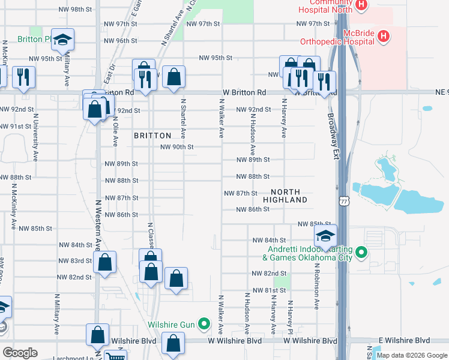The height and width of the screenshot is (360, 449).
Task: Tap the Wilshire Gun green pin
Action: pyautogui.click(x=205, y=325)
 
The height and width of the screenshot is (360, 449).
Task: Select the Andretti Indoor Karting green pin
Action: pyautogui.click(x=361, y=253)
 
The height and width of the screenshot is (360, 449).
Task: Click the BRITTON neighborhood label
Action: pyautogui.click(x=152, y=136)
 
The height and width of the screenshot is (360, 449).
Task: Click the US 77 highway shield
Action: pyautogui.click(x=343, y=202)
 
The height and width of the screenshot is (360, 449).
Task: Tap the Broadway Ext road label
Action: pyautogui.click(x=332, y=136)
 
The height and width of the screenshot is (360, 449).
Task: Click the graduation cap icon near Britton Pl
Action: pyautogui.click(x=62, y=40)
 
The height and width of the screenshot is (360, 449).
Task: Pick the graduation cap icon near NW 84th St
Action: pyautogui.click(x=325, y=236)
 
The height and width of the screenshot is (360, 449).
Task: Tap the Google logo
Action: pyautogui.click(x=20, y=353)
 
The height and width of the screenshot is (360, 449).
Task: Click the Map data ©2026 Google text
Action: pyautogui.click(x=411, y=355)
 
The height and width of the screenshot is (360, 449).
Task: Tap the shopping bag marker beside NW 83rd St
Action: pyautogui.click(x=104, y=263)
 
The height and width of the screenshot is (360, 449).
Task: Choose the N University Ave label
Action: pyautogui.click(x=36, y=137)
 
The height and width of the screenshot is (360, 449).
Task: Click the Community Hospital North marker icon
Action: pyautogui.click(x=361, y=5)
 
